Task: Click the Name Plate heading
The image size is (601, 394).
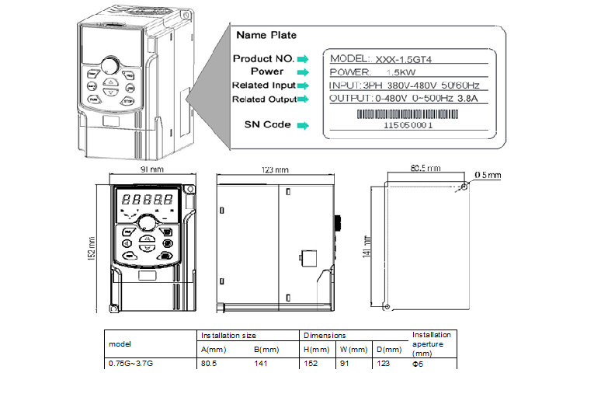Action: (266, 35)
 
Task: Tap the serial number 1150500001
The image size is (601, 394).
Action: (408, 124)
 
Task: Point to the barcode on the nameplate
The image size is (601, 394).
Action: (408, 113)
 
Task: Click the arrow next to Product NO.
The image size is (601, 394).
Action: (303, 59)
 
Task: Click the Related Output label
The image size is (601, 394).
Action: (264, 99)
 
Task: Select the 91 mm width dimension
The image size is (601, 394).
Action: (151, 169)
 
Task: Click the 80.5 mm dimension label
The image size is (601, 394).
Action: (425, 167)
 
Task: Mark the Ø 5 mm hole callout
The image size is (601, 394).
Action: (488, 174)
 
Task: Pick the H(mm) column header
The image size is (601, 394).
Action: (311, 350)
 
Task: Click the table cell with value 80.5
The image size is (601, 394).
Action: (209, 362)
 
